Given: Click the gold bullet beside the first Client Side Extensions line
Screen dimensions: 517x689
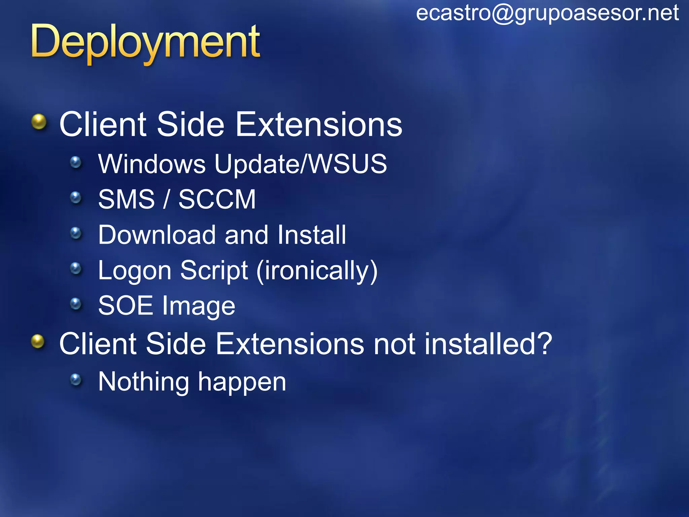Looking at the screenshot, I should pos(39,122).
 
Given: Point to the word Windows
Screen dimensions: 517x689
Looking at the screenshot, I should pos(152,164).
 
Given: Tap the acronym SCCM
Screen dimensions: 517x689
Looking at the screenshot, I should pos(217,199).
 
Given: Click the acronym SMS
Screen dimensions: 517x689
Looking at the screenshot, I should pos(126,199).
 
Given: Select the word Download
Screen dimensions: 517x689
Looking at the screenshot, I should pos(157,235).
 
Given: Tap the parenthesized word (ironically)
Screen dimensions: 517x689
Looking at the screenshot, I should pos(317,271).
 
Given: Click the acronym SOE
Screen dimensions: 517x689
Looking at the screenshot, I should pos(125,306).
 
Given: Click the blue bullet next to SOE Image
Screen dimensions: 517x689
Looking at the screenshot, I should pos(76,304).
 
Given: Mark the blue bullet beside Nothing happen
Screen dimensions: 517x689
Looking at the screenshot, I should pos(76,380).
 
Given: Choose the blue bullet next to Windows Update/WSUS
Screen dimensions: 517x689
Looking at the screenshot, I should pos(76,162).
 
